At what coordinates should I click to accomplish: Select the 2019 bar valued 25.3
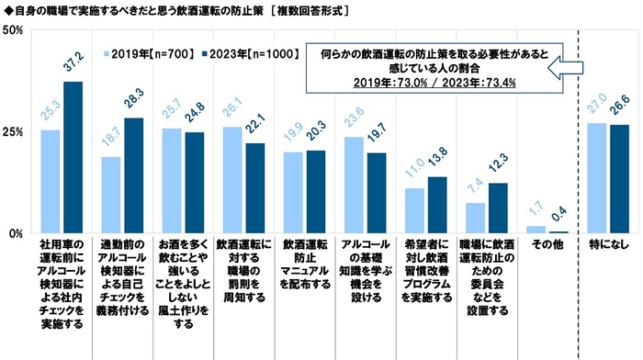click(x=51, y=181)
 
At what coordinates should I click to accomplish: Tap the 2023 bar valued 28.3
click(x=132, y=175)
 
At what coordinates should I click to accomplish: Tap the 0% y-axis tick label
click(x=16, y=233)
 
